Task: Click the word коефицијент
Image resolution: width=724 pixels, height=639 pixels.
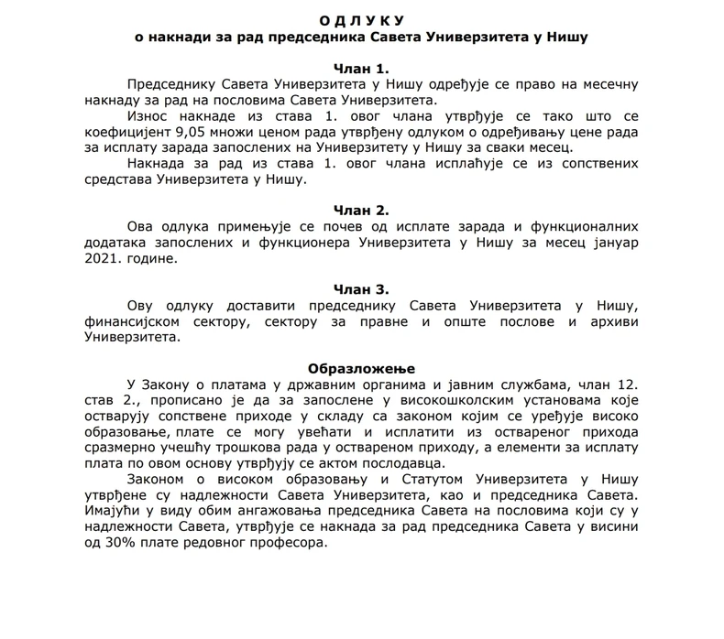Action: point(117,132)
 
